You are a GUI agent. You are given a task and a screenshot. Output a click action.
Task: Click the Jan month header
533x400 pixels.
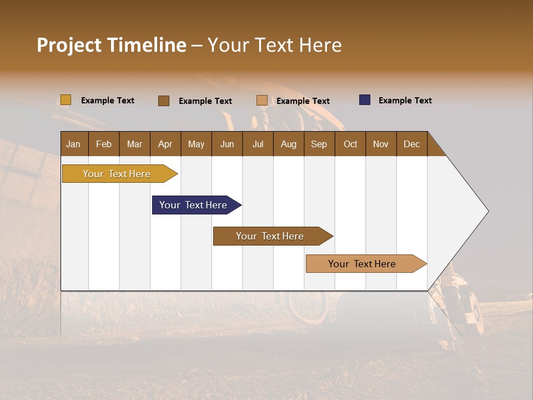click(73, 144)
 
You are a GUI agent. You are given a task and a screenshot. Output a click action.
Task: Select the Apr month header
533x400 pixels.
click(165, 144)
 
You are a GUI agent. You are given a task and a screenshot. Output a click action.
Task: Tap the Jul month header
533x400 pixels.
click(258, 144)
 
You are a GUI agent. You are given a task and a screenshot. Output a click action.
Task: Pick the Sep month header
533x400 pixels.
click(319, 144)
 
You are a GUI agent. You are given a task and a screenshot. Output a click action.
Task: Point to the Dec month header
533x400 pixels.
click(411, 144)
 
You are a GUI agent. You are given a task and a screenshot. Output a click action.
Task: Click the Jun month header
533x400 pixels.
click(227, 144)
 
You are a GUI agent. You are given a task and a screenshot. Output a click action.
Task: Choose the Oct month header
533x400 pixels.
click(350, 144)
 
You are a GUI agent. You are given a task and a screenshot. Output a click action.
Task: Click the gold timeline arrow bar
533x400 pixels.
click(117, 174)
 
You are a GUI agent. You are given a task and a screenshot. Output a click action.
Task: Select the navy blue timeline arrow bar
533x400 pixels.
click(194, 205)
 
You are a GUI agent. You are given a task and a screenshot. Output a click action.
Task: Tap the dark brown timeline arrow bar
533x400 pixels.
click(270, 236)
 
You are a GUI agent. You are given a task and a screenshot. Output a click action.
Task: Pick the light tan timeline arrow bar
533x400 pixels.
click(363, 264)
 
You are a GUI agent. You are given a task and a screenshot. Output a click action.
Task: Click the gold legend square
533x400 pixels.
click(66, 100)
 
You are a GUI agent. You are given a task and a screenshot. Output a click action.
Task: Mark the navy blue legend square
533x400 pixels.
click(365, 100)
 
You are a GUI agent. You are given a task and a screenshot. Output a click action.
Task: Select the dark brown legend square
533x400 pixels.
click(163, 101)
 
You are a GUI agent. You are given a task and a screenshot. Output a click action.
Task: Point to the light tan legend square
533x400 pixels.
click(262, 101)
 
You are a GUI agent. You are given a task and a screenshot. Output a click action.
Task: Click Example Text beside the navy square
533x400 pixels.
click(405, 101)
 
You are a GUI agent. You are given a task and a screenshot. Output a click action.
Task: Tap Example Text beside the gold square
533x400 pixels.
click(108, 101)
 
